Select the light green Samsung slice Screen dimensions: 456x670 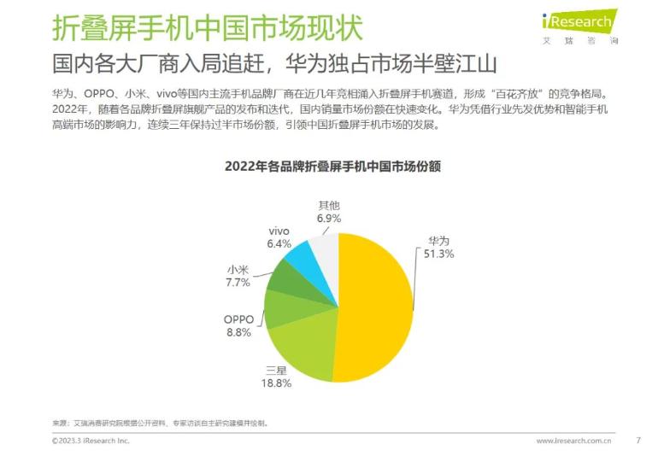[x=303, y=350]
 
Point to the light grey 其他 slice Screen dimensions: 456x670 [x=325, y=248]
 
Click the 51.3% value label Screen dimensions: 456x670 [x=436, y=254]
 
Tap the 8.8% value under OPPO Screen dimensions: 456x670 [x=238, y=332]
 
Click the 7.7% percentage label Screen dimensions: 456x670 [x=238, y=282]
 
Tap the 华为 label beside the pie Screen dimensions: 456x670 [x=436, y=241]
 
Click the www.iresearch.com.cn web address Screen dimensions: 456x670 [x=573, y=441]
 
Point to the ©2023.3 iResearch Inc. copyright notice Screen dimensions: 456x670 [x=91, y=441]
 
